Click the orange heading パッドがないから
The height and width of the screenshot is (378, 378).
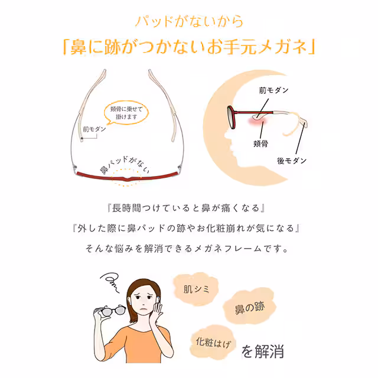pyautogui.click(x=189, y=22)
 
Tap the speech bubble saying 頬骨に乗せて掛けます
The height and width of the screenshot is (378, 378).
pyautogui.click(x=126, y=113)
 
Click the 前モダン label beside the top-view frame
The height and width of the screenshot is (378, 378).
pyautogui.click(x=94, y=129)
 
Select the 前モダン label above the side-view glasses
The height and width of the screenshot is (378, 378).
pyautogui.click(x=274, y=90)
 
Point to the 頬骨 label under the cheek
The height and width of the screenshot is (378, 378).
pyautogui.click(x=261, y=144)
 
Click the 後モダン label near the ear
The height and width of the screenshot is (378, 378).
pyautogui.click(x=292, y=161)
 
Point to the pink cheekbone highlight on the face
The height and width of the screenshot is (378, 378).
pyautogui.click(x=258, y=121)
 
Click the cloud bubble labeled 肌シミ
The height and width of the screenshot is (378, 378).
pyautogui.click(x=196, y=289)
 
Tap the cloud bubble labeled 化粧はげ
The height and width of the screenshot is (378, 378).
pyautogui.click(x=213, y=343)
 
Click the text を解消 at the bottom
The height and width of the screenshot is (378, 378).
pyautogui.click(x=263, y=351)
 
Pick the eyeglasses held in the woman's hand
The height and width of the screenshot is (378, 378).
pyautogui.click(x=110, y=311)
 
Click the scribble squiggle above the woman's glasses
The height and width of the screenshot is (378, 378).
pyautogui.click(x=110, y=282)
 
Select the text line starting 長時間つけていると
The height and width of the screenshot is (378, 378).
pyautogui.click(x=187, y=208)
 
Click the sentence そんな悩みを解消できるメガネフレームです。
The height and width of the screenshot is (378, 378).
pyautogui.click(x=187, y=248)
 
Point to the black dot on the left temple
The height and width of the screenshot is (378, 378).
pyautogui.click(x=82, y=138)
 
